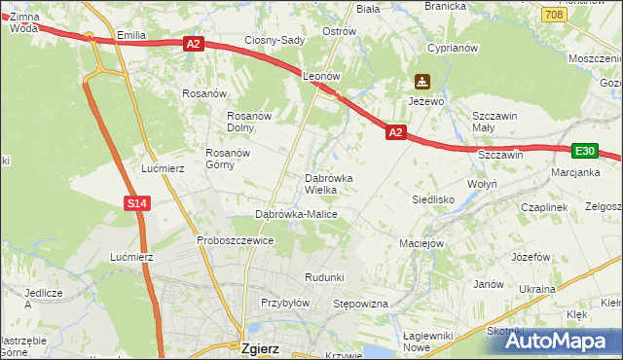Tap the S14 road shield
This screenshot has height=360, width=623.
(x=137, y=202)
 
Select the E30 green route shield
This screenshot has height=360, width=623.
(x=584, y=151)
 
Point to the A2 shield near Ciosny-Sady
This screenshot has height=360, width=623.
(x=192, y=43)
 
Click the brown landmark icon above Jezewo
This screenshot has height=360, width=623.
(x=421, y=82)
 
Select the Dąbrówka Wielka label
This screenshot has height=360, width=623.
(x=335, y=184)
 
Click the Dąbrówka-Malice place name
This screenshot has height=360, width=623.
(x=296, y=213)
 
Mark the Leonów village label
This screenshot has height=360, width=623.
(x=320, y=75)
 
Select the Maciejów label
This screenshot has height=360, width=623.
(x=421, y=243)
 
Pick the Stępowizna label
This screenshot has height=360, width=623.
(x=360, y=305)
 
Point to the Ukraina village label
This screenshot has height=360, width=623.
(x=536, y=289)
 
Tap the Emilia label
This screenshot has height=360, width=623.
(x=130, y=36)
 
